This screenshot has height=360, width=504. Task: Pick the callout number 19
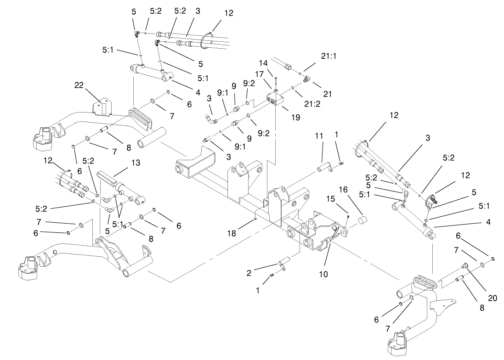click(x=295, y=117)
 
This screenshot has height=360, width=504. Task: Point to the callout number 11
click(x=320, y=136)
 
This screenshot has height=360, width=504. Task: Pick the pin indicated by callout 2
click(x=282, y=263)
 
